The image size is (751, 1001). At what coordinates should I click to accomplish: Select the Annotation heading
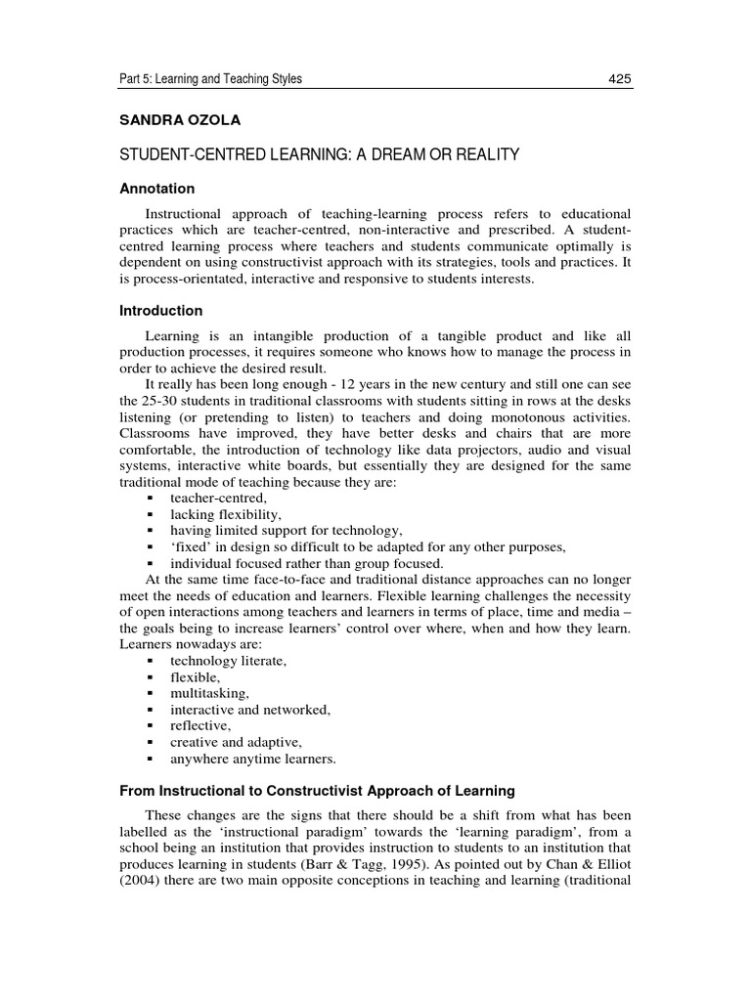click(x=156, y=189)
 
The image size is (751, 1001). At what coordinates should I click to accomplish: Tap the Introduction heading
click(x=160, y=311)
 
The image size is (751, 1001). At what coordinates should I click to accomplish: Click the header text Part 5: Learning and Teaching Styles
click(x=210, y=79)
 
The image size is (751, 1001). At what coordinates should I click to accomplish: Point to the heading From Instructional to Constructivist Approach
click(x=317, y=790)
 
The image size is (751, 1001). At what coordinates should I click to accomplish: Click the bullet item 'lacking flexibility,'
click(x=225, y=514)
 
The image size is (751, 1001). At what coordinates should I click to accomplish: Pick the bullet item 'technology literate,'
click(x=228, y=662)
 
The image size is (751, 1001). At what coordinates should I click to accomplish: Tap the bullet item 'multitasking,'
click(x=202, y=693)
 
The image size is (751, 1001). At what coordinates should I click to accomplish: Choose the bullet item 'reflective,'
click(x=200, y=725)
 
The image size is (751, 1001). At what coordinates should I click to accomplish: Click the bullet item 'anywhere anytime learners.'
click(x=252, y=758)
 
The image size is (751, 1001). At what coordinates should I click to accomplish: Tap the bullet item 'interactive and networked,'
click(x=250, y=710)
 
